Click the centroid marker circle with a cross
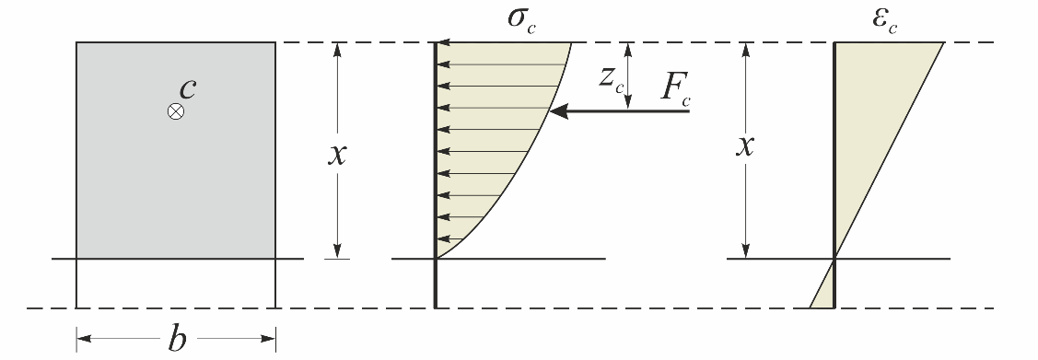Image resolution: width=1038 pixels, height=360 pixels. tap(175, 111)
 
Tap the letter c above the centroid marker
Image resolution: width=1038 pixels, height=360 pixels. tap(187, 87)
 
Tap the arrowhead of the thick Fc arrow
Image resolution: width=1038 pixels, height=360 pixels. tap(556, 111)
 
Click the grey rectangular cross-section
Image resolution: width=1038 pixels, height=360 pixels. tap(175, 184)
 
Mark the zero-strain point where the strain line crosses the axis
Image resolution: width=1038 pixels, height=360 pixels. tap(834, 259)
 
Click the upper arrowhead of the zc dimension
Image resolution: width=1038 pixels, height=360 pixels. tap(626, 48)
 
